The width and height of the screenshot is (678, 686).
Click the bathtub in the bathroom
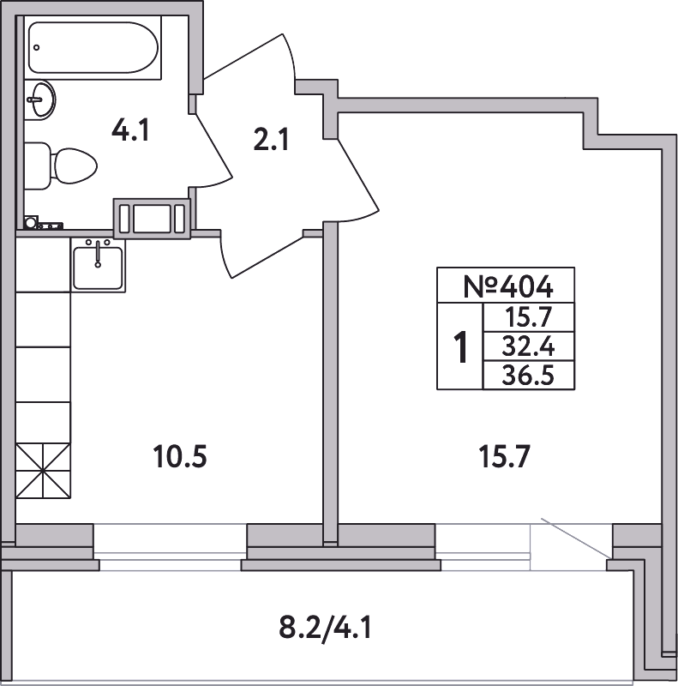[93, 48]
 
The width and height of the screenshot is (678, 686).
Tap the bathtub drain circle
[37, 47]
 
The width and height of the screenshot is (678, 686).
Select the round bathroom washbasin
[40, 99]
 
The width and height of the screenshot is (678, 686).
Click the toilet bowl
[75, 166]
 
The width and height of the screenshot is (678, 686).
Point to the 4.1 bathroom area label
[130, 130]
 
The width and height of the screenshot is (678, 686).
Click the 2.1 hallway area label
[271, 140]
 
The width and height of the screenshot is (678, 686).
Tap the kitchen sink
[98, 265]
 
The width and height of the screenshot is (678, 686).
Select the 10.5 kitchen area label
[180, 456]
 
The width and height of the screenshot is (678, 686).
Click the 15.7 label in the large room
[504, 456]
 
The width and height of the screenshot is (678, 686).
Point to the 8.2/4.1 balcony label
[325, 629]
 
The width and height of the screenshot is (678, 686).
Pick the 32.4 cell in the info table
[528, 347]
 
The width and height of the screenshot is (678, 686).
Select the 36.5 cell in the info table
[528, 376]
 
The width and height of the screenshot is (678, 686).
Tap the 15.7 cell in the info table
[528, 317]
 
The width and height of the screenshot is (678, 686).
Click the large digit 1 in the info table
[460, 347]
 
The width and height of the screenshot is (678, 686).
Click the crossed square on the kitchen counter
[43, 470]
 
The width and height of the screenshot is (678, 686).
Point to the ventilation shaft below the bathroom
[153, 219]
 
